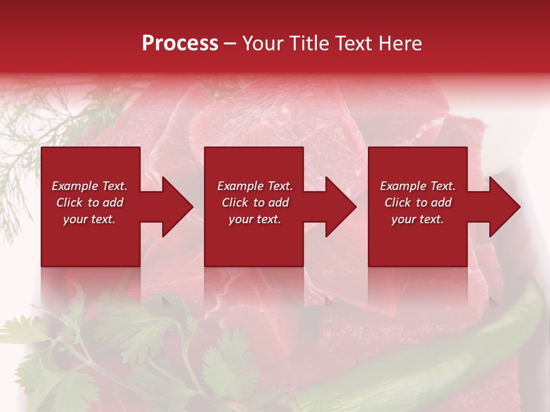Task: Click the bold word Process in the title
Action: click(180, 43)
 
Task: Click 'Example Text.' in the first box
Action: click(89, 186)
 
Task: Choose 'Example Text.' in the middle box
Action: click(255, 186)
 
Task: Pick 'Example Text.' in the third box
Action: click(418, 186)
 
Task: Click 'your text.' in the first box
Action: click(89, 219)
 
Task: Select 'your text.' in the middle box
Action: click(255, 219)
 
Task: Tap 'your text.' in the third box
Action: click(418, 219)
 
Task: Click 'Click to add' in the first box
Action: click(89, 203)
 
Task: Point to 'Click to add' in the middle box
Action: click(255, 203)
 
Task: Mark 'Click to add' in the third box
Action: click(418, 203)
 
